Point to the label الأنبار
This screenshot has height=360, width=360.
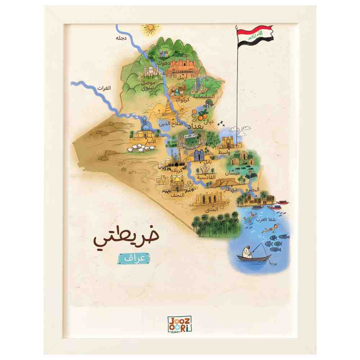pyautogui.click(x=148, y=141)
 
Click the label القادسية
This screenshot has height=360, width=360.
pyautogui.click(x=206, y=177)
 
